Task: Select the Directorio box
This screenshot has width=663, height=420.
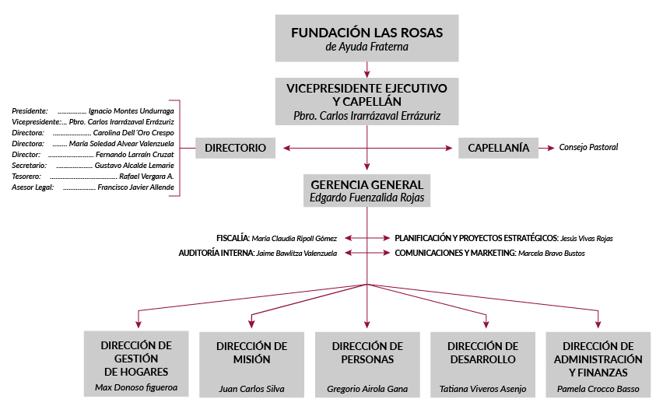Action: click(235, 148)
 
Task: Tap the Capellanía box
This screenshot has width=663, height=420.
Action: click(498, 148)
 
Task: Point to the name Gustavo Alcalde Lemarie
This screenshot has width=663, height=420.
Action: click(134, 166)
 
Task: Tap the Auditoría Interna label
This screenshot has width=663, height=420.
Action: click(216, 254)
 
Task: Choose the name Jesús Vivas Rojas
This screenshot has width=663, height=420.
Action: click(592, 238)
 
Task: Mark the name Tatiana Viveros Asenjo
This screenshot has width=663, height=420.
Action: click(482, 389)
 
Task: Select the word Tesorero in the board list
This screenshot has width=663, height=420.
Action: click(26, 177)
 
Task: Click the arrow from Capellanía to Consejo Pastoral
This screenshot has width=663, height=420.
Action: click(547, 148)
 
